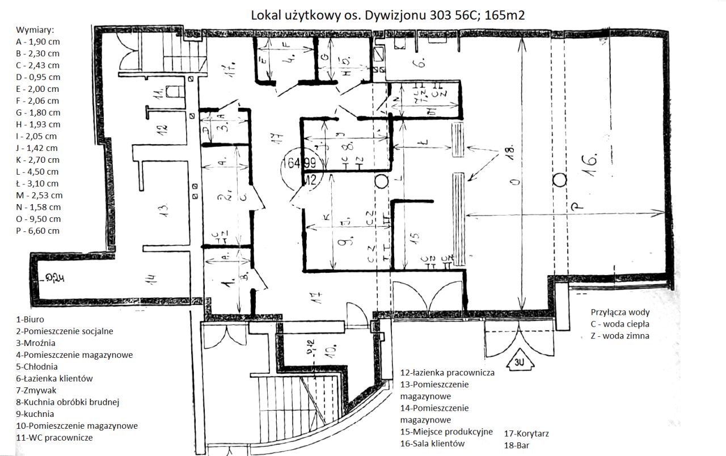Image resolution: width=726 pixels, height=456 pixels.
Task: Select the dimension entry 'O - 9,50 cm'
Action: pos(37,219)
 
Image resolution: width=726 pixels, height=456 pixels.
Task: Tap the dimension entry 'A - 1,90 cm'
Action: pos(37,42)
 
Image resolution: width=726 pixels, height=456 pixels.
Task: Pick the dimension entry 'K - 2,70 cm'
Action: pos(37,160)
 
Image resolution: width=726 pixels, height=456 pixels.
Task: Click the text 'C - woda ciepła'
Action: pos(620,324)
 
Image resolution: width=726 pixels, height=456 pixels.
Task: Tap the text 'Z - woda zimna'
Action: pos(620,336)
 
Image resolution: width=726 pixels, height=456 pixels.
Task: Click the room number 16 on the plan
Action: pos(590,165)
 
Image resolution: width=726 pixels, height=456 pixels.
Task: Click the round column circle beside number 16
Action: pos(560,180)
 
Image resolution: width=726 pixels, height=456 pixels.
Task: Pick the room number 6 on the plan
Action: pos(419,63)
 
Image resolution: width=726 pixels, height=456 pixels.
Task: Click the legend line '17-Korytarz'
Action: pos(526,434)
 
